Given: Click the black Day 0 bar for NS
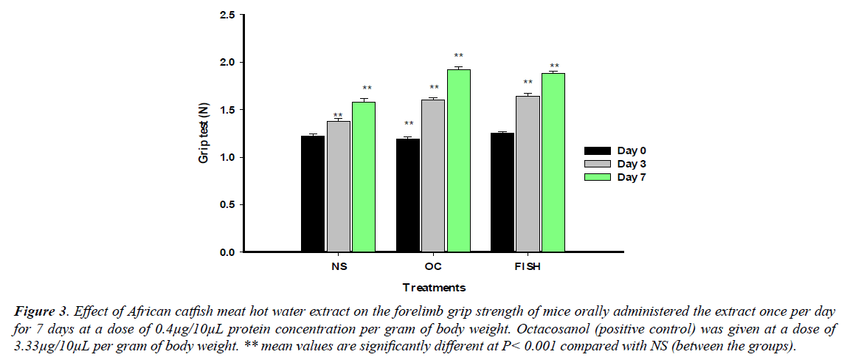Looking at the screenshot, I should [x=313, y=195].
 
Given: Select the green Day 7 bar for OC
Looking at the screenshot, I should [x=459, y=162].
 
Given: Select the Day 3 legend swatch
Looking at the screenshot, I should [x=597, y=164].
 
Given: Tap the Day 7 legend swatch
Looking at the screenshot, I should [x=597, y=177].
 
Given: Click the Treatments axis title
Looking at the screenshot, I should [x=434, y=288].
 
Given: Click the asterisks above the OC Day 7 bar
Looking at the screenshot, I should [x=459, y=56].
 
